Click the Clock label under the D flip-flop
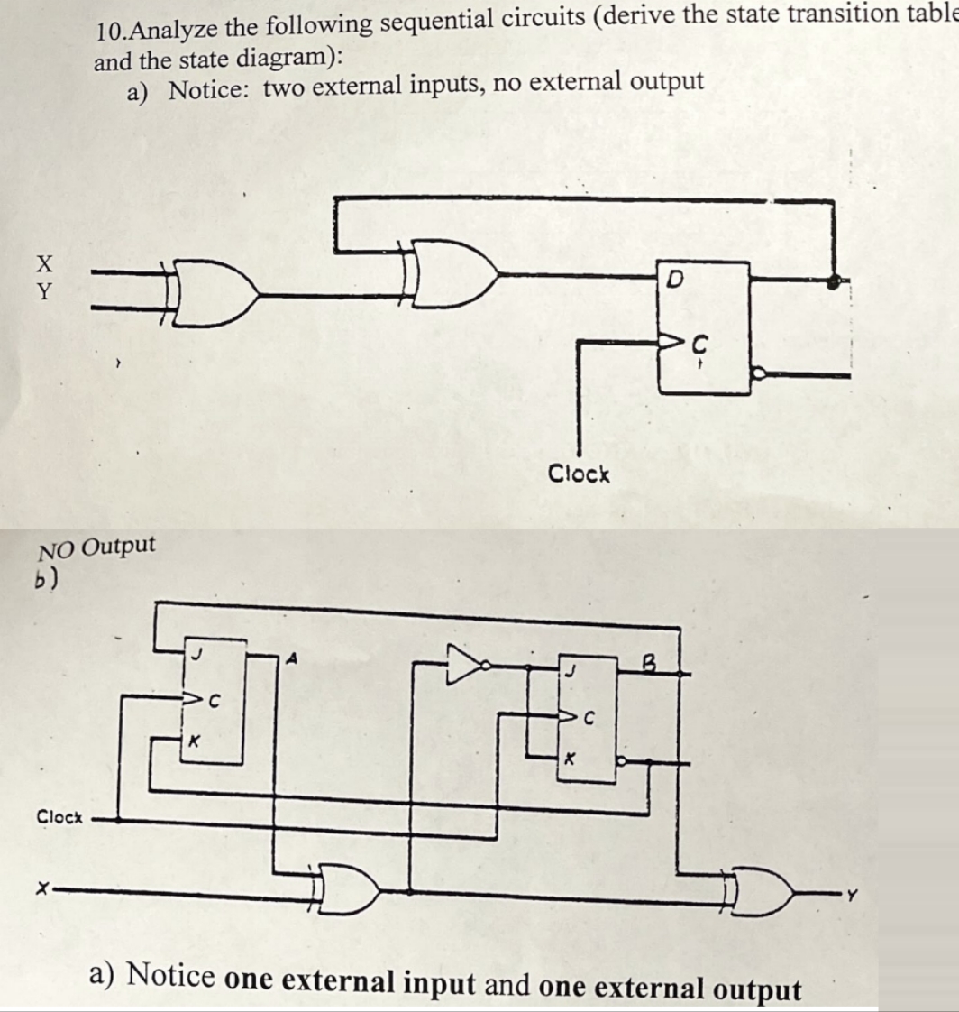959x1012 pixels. point(579,474)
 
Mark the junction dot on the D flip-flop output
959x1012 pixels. point(834,281)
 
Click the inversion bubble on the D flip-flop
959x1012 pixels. point(758,372)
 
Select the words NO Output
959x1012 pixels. point(96,547)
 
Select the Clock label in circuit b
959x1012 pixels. point(59,817)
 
